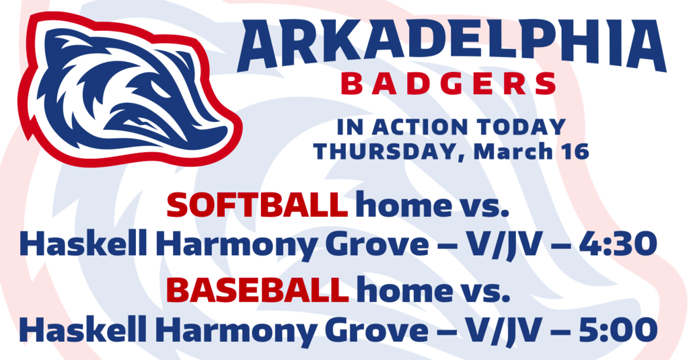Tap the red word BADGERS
click(x=449, y=84)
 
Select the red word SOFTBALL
click(x=257, y=205)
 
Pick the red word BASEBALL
click(x=258, y=289)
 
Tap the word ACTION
click(x=420, y=127)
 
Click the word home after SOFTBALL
click(x=403, y=205)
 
